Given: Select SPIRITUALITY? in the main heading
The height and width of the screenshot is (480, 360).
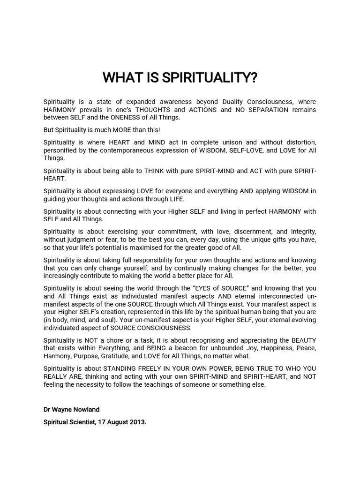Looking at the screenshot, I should pyautogui.click(x=210, y=78).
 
